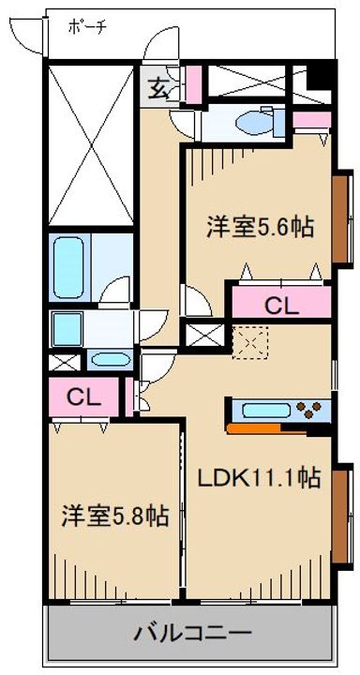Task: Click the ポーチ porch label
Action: point(87,27)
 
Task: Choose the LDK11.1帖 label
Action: point(259,478)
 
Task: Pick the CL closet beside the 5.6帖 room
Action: point(281,305)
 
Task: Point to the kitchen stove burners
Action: point(312,409)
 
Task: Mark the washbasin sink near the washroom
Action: point(112,359)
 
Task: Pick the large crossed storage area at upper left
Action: point(91,145)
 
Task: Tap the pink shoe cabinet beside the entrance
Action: point(193,84)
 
